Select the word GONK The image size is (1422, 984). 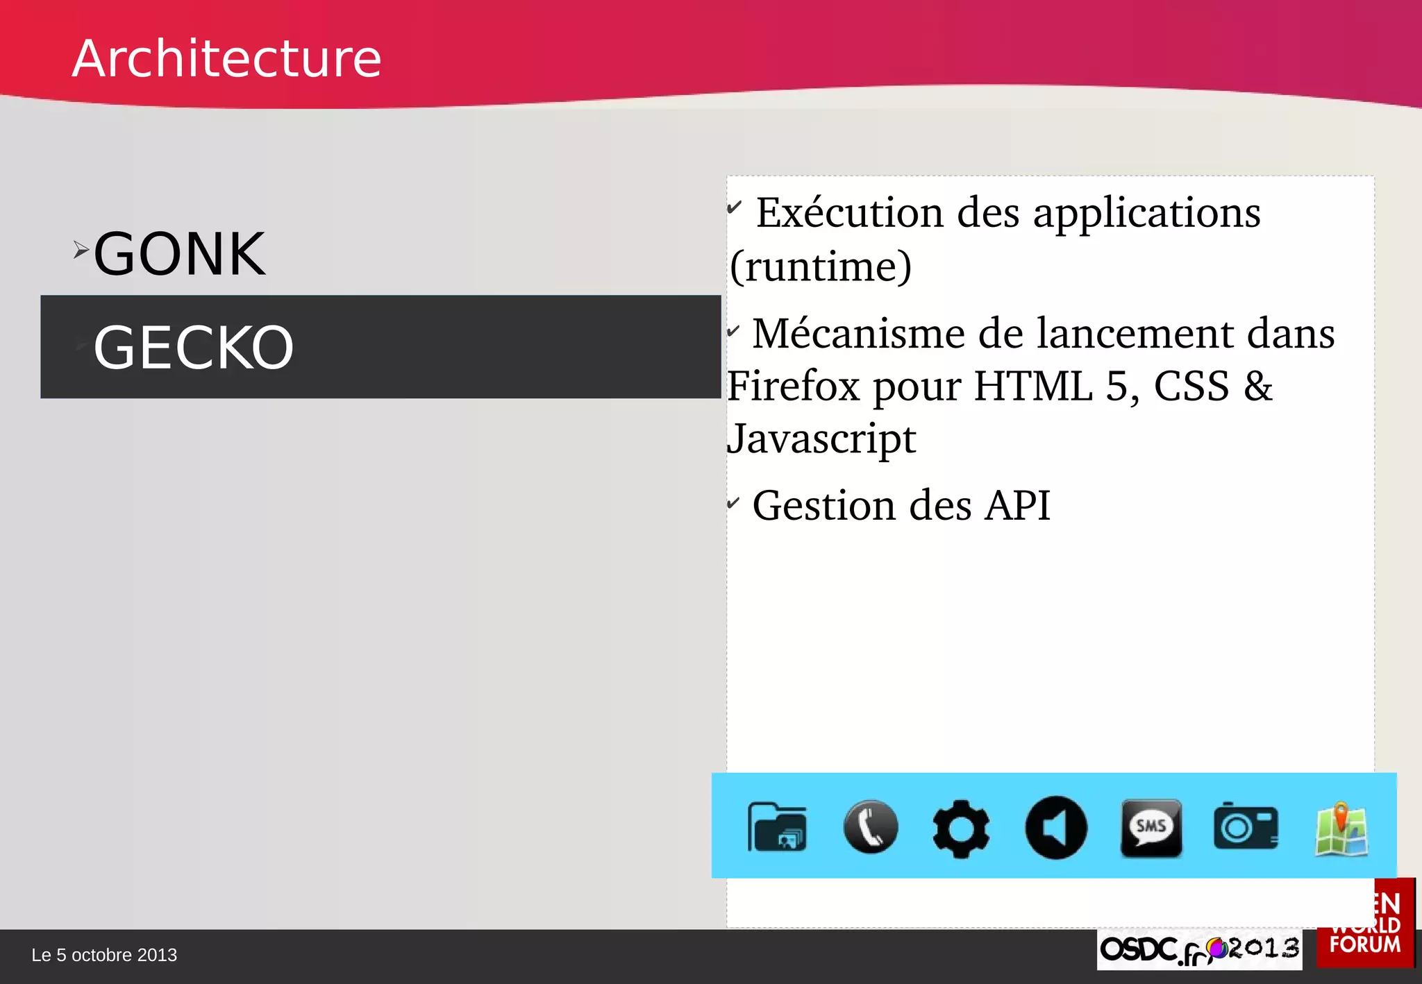coord(179,255)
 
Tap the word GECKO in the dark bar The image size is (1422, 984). coord(194,348)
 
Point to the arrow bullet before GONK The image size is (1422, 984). coord(81,250)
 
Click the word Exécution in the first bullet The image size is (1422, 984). coord(849,212)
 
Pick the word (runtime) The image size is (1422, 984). coord(821,266)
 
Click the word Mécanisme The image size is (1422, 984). coord(859,334)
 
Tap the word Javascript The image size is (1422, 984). coord(821,439)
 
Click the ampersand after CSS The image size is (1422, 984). coord(1257,386)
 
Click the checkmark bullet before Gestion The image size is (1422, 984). coord(733,502)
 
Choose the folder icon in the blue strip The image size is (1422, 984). coord(777,826)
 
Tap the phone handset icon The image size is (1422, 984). coord(871,826)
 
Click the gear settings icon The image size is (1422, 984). coord(961,828)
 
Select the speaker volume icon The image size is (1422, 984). coord(1056,827)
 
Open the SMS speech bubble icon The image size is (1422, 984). coord(1151,827)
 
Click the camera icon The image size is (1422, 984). coord(1246,826)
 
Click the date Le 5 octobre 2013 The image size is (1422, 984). coord(104,956)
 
